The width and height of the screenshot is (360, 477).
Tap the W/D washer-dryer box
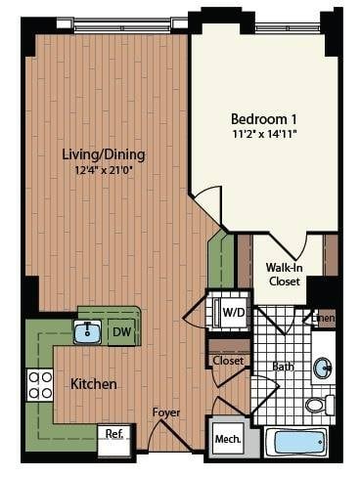(233, 313)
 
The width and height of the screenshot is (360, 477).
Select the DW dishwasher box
(122, 332)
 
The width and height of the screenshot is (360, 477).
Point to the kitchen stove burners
(40, 384)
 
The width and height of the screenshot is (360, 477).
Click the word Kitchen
(94, 384)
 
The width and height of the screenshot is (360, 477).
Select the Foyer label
(165, 412)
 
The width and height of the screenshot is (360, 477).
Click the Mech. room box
(227, 437)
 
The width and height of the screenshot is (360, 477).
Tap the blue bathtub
(298, 441)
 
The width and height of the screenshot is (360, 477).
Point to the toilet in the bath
(317, 404)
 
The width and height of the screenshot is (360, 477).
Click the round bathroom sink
(323, 369)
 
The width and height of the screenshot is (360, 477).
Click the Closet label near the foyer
(229, 360)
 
